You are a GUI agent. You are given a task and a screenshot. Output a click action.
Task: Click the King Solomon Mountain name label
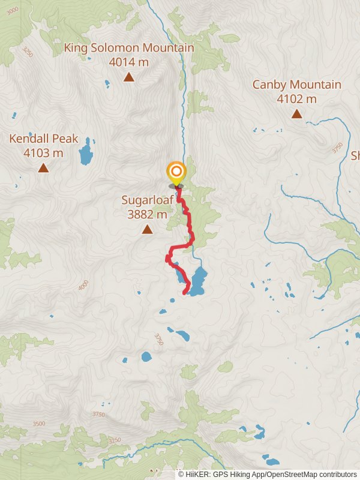[129, 48]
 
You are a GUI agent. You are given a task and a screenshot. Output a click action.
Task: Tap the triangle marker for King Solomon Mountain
[128, 77]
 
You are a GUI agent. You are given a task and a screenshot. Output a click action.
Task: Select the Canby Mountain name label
[296, 85]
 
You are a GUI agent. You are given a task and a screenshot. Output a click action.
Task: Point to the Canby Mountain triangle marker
[296, 113]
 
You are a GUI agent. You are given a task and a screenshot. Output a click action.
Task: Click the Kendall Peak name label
[43, 139]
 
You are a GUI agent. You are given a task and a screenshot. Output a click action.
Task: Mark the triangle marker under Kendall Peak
[43, 167]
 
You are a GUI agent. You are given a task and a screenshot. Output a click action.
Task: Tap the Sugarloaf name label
[147, 200]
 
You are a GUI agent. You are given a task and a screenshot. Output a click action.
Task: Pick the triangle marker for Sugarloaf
[147, 229]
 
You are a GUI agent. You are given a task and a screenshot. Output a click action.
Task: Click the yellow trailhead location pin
[176, 173]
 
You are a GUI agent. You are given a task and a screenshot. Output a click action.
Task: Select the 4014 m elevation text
[129, 61]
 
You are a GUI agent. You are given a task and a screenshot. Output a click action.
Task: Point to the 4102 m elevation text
[296, 99]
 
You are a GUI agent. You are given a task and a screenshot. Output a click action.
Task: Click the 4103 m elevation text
[43, 153]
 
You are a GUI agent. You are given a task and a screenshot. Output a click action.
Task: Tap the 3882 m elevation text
[147, 214]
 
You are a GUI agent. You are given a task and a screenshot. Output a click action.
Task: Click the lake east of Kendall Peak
[86, 153]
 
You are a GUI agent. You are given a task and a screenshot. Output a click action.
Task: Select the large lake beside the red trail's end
[198, 281]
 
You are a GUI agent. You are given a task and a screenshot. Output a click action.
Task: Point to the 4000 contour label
[83, 286]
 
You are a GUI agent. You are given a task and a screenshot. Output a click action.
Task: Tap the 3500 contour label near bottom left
[39, 424]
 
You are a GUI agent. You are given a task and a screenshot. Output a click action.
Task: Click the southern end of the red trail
[185, 293]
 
